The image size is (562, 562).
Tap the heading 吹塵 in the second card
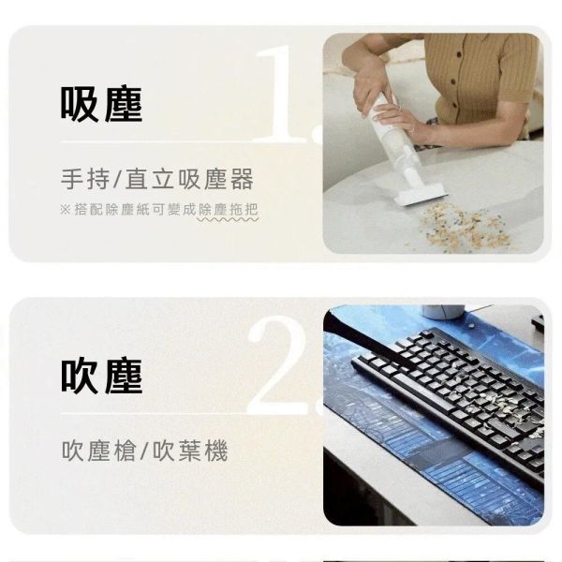[101, 376]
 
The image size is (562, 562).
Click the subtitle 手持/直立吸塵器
[156, 179]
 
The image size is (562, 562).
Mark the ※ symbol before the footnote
[66, 210]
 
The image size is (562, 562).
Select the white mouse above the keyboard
[443, 311]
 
